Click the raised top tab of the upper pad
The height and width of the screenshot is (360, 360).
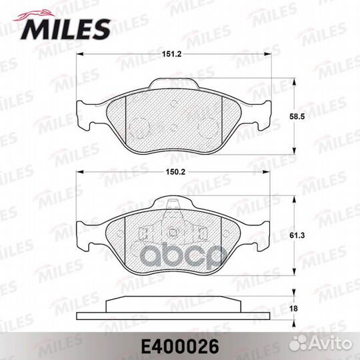pos(175,83)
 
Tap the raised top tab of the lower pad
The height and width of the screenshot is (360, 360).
pos(175,202)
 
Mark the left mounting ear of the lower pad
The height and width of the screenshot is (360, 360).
pos(85,235)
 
